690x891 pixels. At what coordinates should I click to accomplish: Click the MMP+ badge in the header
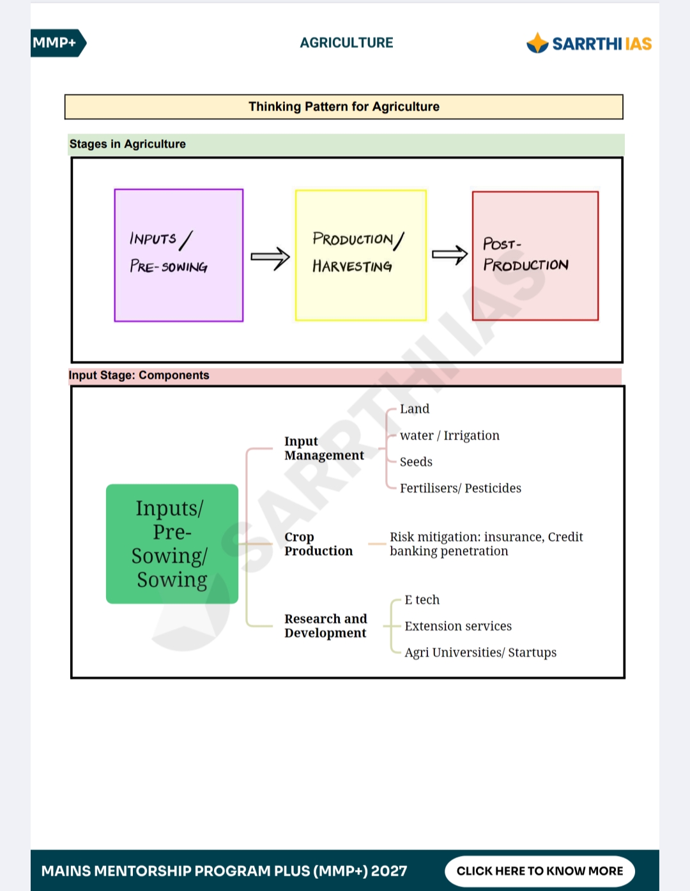click(x=57, y=43)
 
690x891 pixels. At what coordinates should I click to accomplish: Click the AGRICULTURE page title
click(x=346, y=43)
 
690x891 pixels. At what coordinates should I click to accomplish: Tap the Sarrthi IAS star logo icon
click(x=537, y=43)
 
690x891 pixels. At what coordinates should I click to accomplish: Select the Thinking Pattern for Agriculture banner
click(x=344, y=107)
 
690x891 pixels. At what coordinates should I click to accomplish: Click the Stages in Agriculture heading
click(x=128, y=144)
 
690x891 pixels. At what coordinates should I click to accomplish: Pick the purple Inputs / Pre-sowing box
click(x=179, y=255)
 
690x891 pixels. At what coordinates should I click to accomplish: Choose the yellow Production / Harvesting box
click(x=361, y=255)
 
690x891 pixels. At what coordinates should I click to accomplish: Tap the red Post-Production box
click(x=535, y=256)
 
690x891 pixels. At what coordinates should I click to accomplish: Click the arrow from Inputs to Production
click(x=270, y=258)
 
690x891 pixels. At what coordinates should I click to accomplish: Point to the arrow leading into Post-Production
click(x=450, y=255)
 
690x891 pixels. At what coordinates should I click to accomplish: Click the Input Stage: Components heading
click(x=139, y=375)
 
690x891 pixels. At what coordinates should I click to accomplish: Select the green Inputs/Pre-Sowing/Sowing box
click(x=172, y=544)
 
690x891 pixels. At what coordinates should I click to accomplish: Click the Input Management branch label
click(x=324, y=448)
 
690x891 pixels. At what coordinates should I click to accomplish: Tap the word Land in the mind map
click(x=415, y=409)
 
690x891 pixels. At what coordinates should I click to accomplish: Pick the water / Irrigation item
click(x=450, y=435)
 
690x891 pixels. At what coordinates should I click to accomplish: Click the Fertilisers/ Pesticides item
click(x=461, y=488)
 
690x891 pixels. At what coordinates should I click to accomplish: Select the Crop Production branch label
click(x=319, y=544)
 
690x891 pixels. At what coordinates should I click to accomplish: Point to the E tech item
click(x=422, y=600)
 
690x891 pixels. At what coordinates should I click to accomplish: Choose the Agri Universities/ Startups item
click(x=480, y=652)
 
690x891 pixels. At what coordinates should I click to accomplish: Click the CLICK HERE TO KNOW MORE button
click(x=539, y=871)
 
